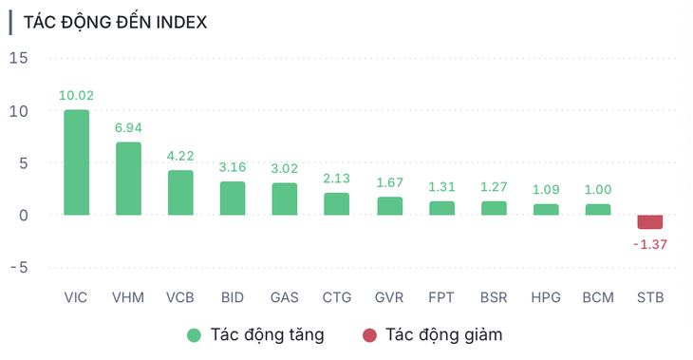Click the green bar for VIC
[x=76, y=161]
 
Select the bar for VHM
[x=128, y=179]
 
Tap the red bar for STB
[x=649, y=222]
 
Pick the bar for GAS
[x=285, y=199]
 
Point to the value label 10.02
[x=76, y=95]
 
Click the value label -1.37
[x=649, y=244]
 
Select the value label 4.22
[x=180, y=156]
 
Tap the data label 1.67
[x=389, y=182]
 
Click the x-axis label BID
[x=233, y=297]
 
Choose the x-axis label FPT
[x=441, y=297]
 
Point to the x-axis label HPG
[x=546, y=297]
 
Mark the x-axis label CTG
[x=337, y=297]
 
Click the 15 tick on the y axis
[x=19, y=59]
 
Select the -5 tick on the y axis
[x=19, y=268]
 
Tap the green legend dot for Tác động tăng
[x=194, y=334]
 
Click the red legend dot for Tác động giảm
[x=369, y=334]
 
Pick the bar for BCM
[x=597, y=209]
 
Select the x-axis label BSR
[x=494, y=297]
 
